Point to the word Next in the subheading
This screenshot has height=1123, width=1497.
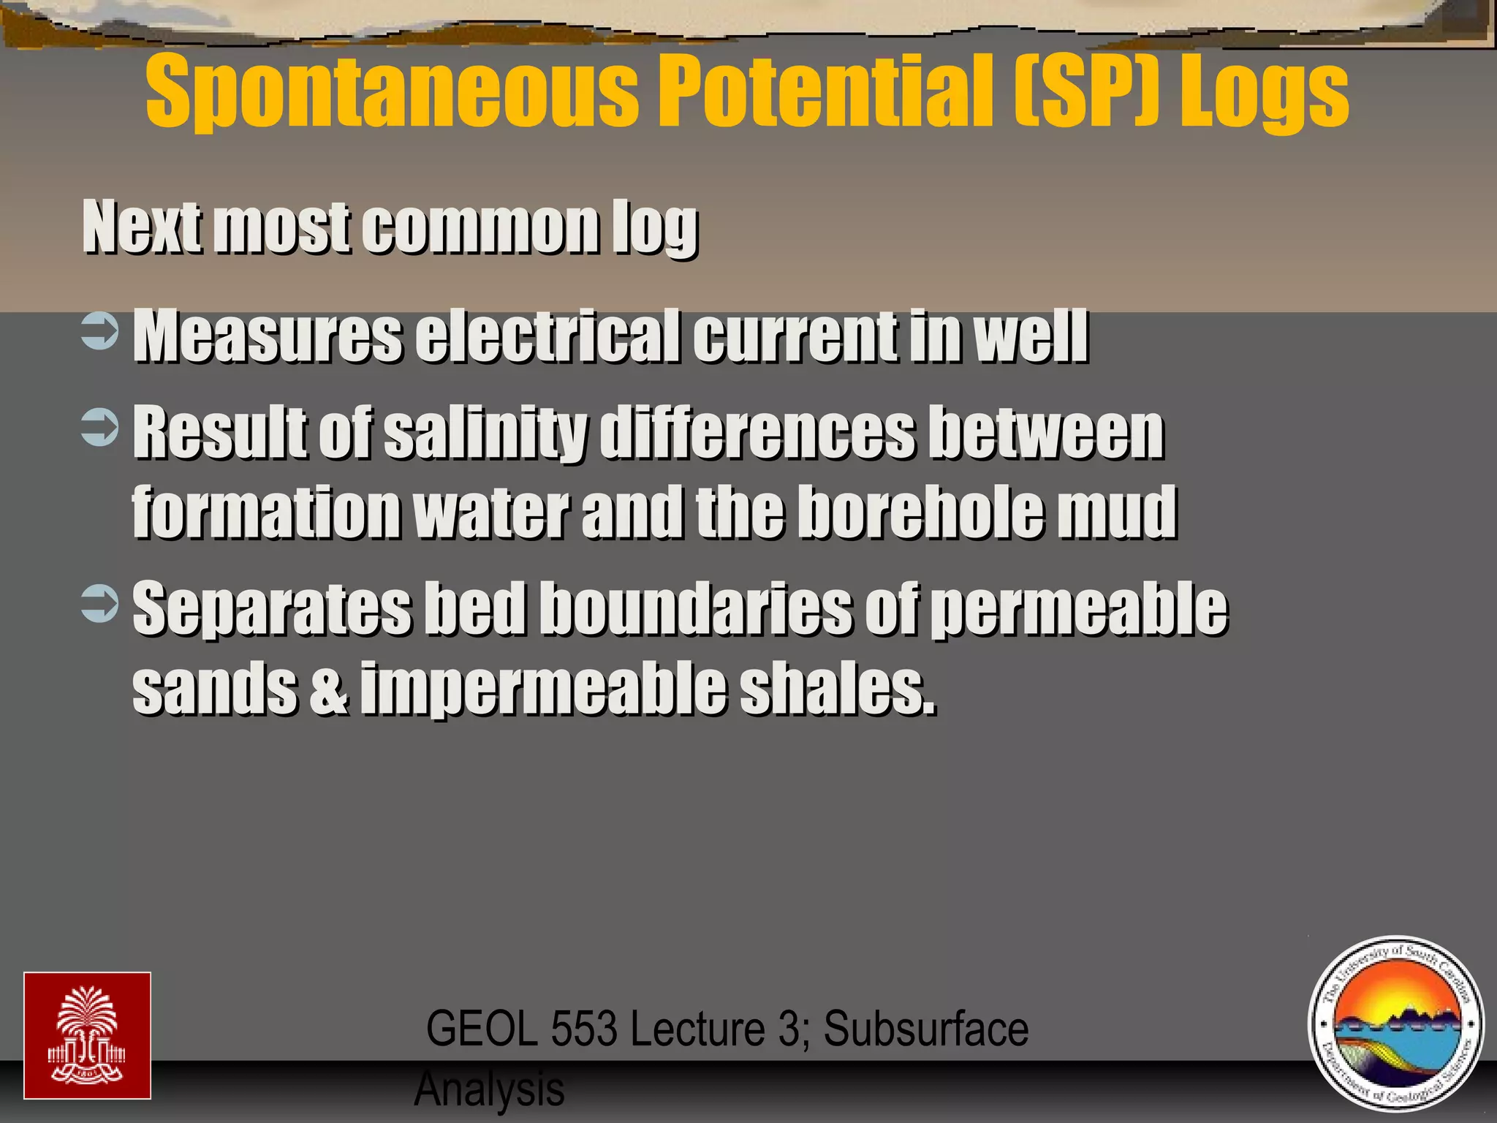coord(143,227)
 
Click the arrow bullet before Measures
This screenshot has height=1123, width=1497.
coord(99,332)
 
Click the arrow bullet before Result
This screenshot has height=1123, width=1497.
coord(99,428)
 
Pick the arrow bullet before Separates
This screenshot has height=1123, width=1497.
coord(99,603)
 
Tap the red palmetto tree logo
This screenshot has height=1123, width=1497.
coord(87,1035)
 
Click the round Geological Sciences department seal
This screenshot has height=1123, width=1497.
coord(1396,1024)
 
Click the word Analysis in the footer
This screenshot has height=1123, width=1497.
coord(489,1089)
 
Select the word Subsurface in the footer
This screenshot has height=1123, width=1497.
coord(926,1029)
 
